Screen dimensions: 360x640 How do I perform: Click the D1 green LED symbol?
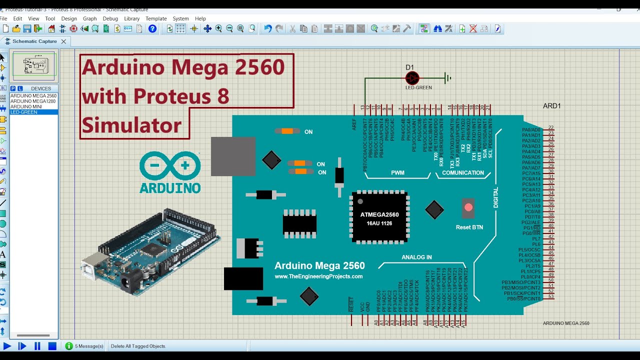tap(412, 78)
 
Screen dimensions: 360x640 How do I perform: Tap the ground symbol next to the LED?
tap(448, 78)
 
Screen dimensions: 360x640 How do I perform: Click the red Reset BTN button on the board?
tap(468, 207)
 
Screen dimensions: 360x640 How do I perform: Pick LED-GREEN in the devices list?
tap(24, 112)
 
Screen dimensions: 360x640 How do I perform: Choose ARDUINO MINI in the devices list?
tap(26, 106)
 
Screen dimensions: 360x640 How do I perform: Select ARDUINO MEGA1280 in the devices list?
tap(33, 101)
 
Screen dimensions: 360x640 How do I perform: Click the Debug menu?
tap(110, 18)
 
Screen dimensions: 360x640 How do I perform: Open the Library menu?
tap(132, 18)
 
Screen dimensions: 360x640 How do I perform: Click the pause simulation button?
tap(37, 346)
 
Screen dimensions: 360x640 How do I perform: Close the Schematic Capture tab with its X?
tap(63, 41)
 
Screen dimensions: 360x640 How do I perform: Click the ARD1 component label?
tap(552, 106)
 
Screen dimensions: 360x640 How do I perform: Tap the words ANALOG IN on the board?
tap(416, 257)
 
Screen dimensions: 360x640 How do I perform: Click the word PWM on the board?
tap(397, 173)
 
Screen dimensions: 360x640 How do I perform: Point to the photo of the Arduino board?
tap(150, 250)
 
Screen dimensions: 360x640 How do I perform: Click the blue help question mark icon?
tap(152, 29)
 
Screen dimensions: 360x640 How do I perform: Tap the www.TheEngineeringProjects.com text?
tap(318, 276)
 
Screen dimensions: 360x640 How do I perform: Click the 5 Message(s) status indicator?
tap(84, 346)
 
